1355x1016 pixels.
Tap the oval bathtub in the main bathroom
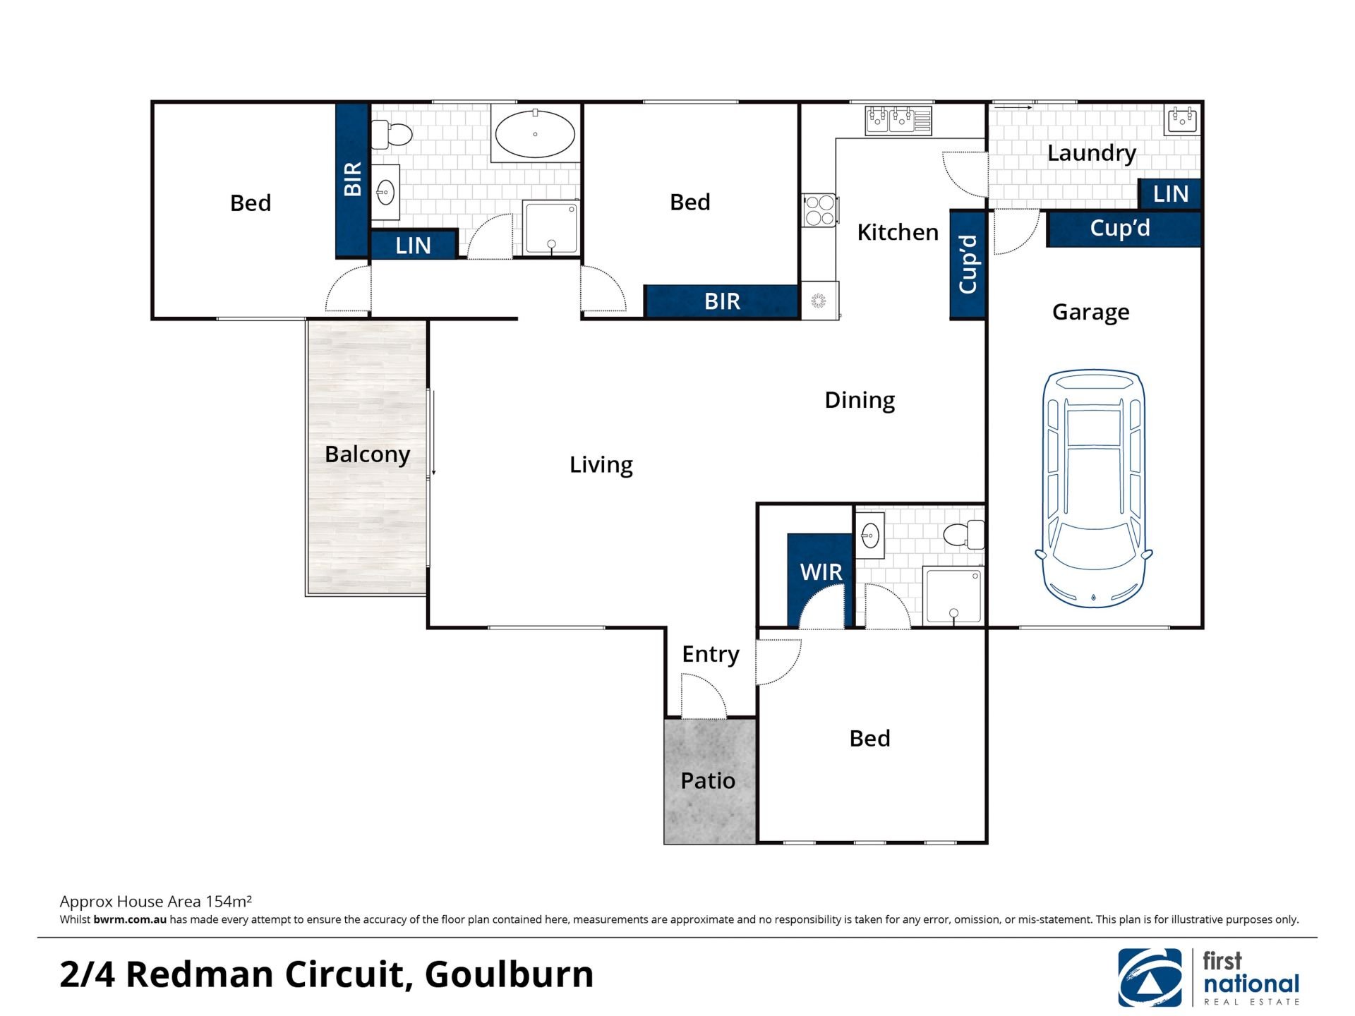click(535, 133)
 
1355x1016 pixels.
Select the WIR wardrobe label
click(821, 571)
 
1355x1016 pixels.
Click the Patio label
click(708, 780)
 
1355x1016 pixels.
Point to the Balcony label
click(367, 454)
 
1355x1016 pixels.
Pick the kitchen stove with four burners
click(819, 210)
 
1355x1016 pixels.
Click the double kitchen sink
click(898, 120)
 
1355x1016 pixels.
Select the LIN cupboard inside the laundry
click(1170, 193)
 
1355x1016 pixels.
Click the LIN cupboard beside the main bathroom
click(414, 245)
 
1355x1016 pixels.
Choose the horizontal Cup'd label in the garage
click(1120, 229)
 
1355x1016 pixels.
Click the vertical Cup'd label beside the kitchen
click(968, 265)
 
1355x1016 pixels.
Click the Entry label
click(711, 655)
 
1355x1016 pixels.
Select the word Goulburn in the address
click(509, 974)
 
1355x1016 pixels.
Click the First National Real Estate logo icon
click(1150, 977)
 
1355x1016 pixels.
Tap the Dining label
click(860, 400)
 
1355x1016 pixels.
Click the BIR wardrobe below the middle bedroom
click(722, 301)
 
